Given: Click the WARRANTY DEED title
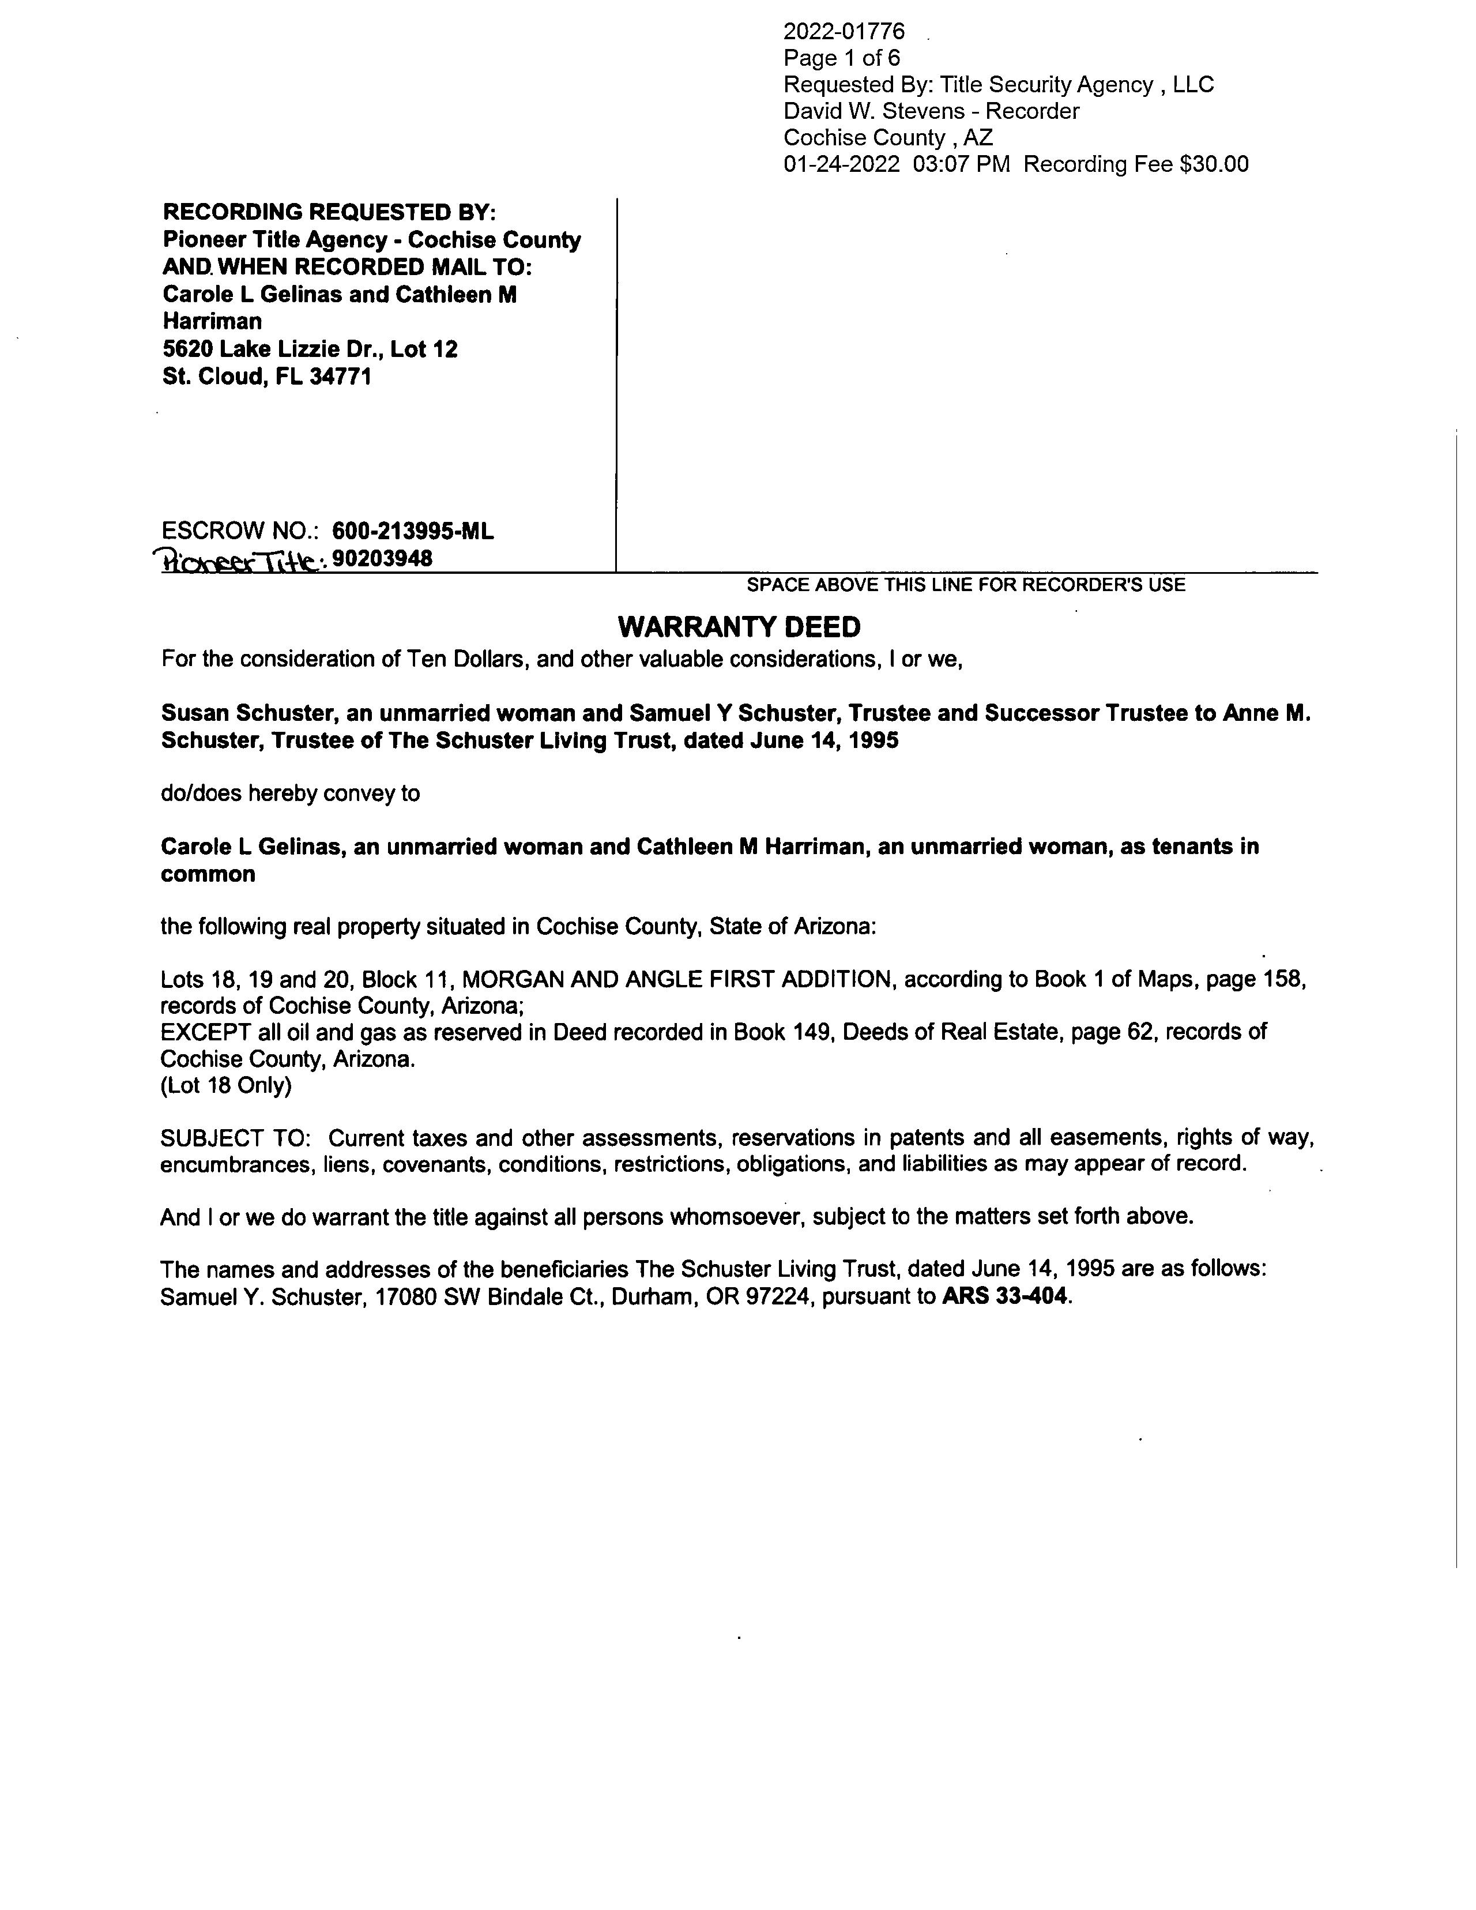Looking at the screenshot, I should (739, 627).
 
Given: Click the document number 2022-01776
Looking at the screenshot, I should (844, 32).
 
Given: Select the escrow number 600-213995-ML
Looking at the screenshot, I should (413, 531).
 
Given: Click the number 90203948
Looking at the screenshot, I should (383, 558).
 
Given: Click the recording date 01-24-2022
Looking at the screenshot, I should (841, 164).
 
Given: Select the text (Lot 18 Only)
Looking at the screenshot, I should (225, 1085).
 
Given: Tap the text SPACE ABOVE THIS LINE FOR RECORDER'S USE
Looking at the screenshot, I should (965, 585).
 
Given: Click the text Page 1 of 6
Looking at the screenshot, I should (841, 59).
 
